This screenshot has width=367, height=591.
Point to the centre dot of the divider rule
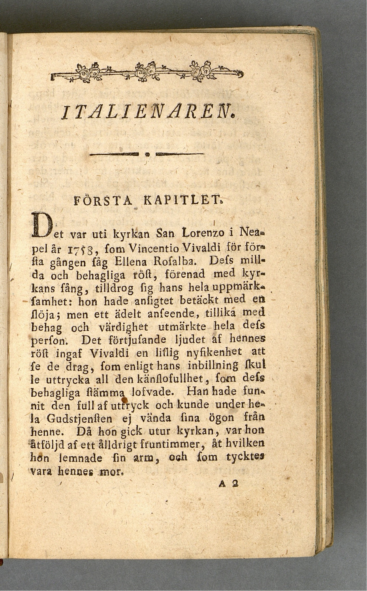pos(147,155)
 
